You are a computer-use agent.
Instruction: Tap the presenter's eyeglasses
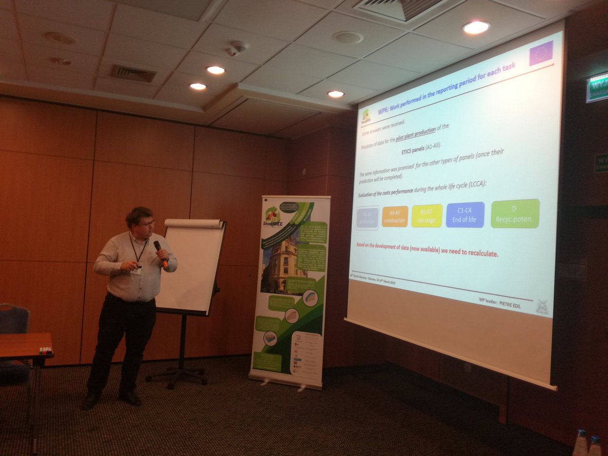pos(145,223)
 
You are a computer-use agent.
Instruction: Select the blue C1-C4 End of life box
pos(465,214)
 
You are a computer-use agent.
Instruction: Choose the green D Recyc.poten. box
pos(515,213)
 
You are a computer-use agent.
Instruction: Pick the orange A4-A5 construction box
pos(395,216)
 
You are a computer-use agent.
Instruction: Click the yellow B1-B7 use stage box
pos(427,215)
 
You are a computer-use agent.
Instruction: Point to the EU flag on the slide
pos(541,53)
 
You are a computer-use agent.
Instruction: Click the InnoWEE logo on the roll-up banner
pos(273,218)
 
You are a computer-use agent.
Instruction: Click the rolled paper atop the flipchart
pos(194,223)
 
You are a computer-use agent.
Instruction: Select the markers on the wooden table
pos(46,350)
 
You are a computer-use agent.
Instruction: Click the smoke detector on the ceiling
pos(237,48)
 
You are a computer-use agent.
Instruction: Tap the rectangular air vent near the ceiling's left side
pos(133,73)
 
